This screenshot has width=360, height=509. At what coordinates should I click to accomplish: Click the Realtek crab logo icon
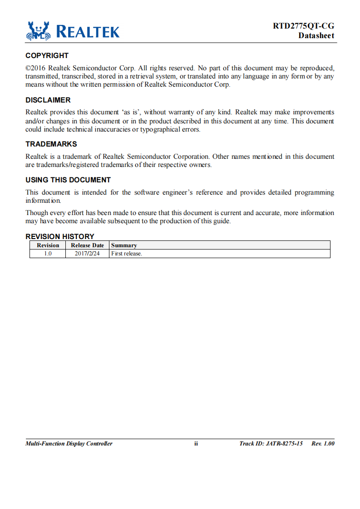click(38, 30)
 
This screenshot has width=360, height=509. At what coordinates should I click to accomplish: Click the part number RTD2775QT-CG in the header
click(303, 26)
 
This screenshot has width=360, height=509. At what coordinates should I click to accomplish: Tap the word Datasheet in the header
click(316, 35)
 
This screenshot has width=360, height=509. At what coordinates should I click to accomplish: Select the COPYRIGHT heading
click(47, 56)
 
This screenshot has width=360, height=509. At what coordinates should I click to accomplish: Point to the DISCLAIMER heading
click(48, 100)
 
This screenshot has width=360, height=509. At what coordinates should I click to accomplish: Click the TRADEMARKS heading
click(51, 144)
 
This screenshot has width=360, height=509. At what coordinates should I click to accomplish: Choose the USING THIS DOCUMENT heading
click(68, 180)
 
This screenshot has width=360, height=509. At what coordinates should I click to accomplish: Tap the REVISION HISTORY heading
click(60, 236)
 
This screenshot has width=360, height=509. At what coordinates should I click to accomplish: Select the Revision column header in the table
click(48, 245)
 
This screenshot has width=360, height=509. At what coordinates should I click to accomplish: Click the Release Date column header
click(87, 245)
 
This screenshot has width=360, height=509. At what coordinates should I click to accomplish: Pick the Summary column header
click(124, 245)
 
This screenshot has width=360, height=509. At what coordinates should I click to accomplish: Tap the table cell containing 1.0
click(48, 254)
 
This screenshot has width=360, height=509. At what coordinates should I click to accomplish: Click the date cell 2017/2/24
click(87, 254)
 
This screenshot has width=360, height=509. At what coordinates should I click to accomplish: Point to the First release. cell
click(127, 254)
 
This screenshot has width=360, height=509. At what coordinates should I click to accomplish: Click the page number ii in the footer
click(196, 444)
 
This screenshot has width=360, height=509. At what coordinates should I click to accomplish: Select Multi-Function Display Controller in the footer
click(69, 444)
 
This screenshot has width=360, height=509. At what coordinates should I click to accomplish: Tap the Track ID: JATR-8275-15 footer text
click(271, 444)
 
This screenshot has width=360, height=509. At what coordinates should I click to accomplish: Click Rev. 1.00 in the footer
click(323, 444)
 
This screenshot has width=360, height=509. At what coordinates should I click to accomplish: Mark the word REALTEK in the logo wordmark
click(88, 32)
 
